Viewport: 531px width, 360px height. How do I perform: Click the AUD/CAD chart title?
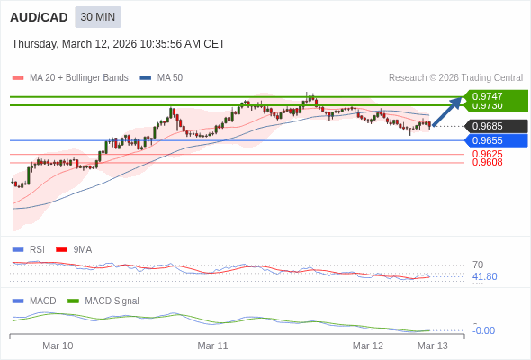click(x=39, y=17)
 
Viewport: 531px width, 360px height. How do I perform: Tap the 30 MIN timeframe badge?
click(x=97, y=17)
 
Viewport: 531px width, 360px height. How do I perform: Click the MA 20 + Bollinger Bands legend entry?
click(x=72, y=78)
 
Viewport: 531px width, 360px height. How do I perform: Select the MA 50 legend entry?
click(x=162, y=78)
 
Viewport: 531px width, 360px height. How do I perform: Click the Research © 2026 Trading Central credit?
click(x=455, y=78)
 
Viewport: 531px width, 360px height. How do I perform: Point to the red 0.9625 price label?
click(x=487, y=154)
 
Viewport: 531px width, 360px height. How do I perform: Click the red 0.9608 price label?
click(x=487, y=163)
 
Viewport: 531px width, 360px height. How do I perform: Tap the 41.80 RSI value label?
click(x=484, y=277)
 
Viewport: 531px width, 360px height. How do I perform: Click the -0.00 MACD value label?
click(x=483, y=330)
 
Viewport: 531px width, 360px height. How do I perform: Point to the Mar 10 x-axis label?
click(x=58, y=346)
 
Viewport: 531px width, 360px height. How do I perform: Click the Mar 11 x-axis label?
click(x=212, y=346)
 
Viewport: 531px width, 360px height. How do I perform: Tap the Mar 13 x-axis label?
click(x=432, y=346)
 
